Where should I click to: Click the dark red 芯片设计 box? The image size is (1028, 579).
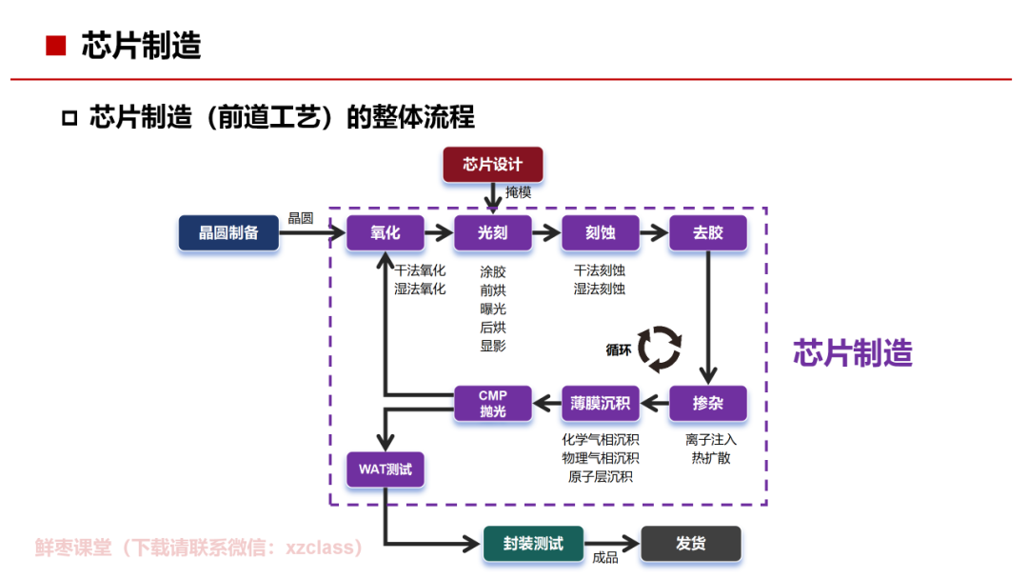tap(492, 165)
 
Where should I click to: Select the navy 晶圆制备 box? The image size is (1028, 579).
tap(228, 232)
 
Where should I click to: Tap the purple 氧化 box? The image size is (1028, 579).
tap(385, 232)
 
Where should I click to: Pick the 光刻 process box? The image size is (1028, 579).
tap(492, 232)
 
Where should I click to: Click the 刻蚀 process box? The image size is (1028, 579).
tap(600, 232)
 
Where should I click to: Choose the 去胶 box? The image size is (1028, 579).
tap(707, 232)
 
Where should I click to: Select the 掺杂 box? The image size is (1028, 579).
tap(707, 403)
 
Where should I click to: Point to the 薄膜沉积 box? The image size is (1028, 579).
tap(601, 403)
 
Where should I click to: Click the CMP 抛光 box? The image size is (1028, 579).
tap(492, 403)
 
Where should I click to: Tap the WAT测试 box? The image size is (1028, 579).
tap(385, 469)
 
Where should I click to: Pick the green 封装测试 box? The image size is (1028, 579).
tap(533, 544)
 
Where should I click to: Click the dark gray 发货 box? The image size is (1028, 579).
tap(690, 544)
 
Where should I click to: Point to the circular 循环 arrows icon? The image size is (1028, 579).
tap(659, 349)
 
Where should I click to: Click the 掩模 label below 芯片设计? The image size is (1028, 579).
tap(518, 192)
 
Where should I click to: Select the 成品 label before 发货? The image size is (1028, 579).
tap(605, 558)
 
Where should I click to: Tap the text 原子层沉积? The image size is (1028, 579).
tap(600, 476)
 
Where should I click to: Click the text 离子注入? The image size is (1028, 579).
tap(710, 440)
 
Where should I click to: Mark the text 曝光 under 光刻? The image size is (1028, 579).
tap(493, 309)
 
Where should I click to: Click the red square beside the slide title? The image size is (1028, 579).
tap(56, 46)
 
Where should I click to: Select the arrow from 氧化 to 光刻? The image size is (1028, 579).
tap(438, 232)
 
